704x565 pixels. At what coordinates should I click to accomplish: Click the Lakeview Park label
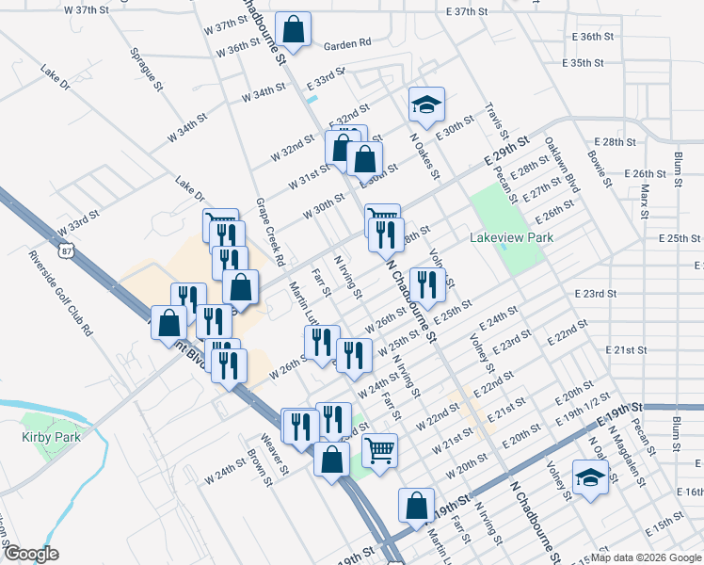click(512, 238)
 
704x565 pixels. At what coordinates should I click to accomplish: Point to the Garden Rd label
click(347, 43)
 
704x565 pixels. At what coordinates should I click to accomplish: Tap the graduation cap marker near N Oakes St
click(426, 105)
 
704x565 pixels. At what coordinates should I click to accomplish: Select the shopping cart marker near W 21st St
click(379, 450)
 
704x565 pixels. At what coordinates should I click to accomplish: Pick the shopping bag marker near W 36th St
click(293, 29)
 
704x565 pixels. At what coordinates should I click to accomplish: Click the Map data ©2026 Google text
click(646, 557)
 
